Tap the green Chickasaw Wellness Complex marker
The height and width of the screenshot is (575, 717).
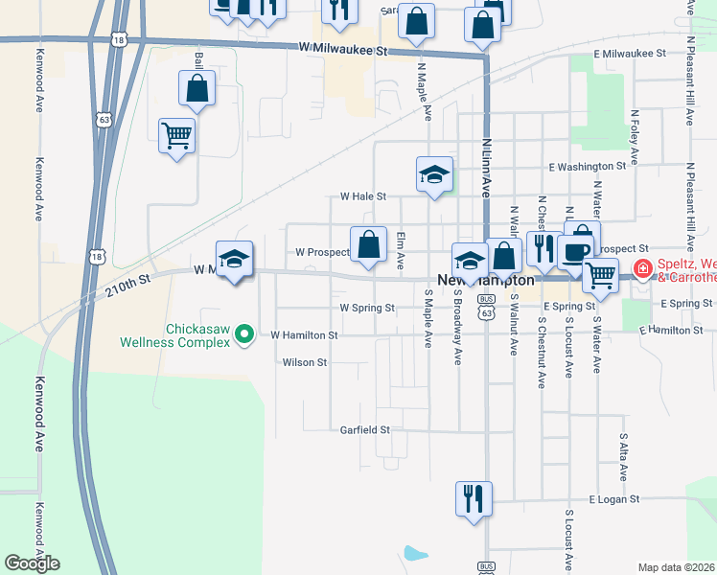[244, 334]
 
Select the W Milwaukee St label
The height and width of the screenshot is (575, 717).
[342, 48]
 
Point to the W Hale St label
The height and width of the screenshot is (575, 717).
[363, 195]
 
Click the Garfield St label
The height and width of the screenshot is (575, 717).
[365, 430]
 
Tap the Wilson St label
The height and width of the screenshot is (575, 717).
[305, 363]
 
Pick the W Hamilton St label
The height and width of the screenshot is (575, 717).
[304, 335]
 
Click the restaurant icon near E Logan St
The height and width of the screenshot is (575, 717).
[474, 498]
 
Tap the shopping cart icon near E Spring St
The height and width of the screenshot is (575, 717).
[601, 274]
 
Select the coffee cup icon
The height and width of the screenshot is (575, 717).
[575, 252]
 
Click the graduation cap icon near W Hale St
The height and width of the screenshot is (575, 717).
[434, 174]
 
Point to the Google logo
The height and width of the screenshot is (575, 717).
[32, 563]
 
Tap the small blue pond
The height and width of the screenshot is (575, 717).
[415, 553]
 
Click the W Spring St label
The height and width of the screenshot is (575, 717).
[367, 309]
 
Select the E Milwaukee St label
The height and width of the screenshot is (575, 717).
[629, 55]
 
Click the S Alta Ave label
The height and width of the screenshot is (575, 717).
[623, 455]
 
